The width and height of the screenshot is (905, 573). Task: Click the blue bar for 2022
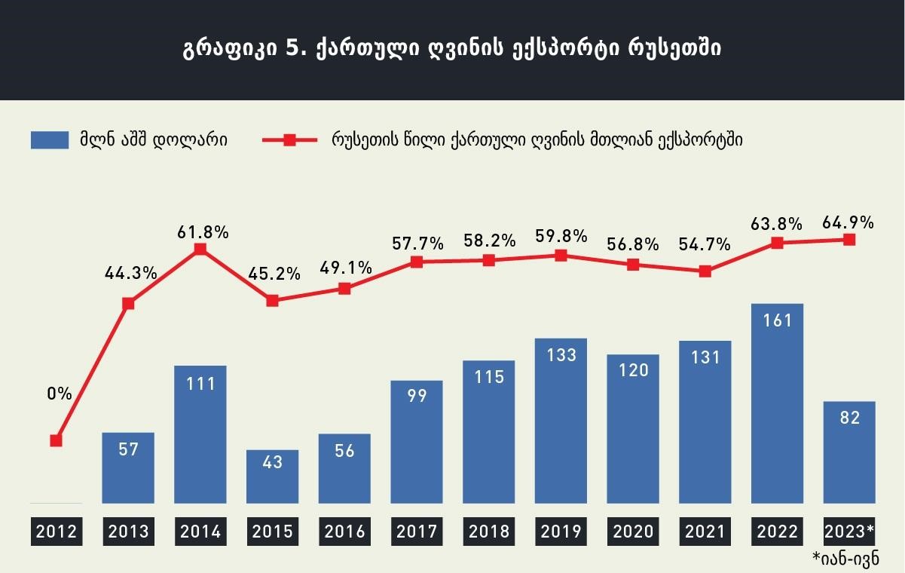(777, 403)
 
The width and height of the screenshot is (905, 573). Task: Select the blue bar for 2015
(272, 476)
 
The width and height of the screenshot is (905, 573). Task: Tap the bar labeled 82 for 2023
(849, 452)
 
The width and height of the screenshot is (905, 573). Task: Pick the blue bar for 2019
(561, 421)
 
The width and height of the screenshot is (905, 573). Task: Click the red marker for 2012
(57, 440)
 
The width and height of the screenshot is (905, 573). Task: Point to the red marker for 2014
(200, 249)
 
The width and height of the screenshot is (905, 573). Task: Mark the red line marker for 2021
(705, 271)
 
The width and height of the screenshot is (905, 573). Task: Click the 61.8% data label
(203, 232)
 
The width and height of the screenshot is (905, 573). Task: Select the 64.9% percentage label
(848, 223)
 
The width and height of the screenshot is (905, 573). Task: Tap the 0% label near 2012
(60, 394)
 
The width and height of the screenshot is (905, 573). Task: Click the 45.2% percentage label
(274, 274)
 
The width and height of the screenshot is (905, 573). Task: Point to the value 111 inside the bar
(200, 384)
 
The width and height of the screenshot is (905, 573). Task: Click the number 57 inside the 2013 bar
(128, 449)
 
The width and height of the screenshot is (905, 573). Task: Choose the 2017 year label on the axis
(417, 532)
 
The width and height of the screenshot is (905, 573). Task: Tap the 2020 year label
(633, 532)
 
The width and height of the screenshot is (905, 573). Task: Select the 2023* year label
(849, 532)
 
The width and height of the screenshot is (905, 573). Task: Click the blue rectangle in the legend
(50, 140)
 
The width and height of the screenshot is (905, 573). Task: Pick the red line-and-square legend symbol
(289, 140)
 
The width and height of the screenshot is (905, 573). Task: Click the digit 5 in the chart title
(292, 48)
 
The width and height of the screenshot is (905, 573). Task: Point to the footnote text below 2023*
(845, 559)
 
